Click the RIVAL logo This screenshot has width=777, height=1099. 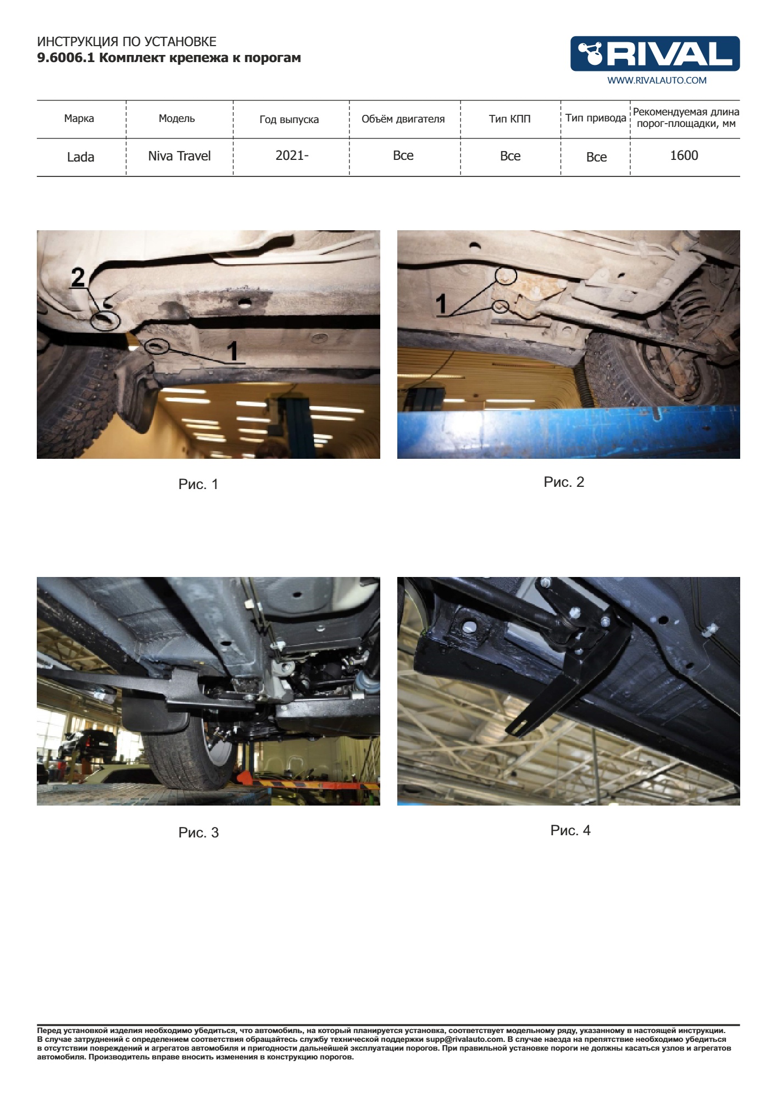[x=654, y=54]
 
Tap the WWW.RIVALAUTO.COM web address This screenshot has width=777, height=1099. [x=657, y=80]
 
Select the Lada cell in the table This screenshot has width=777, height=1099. [x=81, y=157]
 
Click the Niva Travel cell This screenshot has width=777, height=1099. [x=179, y=156]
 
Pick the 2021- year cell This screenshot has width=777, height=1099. [x=292, y=156]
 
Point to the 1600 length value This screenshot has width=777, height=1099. [x=684, y=156]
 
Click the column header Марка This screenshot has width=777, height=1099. [x=79, y=119]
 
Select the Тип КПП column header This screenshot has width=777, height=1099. [x=510, y=119]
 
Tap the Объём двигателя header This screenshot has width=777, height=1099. [x=403, y=119]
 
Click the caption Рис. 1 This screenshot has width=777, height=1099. [x=198, y=484]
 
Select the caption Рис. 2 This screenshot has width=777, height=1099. [x=564, y=482]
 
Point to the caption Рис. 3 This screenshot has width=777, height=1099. [x=198, y=832]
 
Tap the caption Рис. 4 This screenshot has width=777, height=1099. [x=570, y=830]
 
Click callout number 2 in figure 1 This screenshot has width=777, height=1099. [x=78, y=277]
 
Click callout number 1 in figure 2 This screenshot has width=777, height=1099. [x=441, y=304]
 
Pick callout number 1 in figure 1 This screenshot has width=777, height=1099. [x=233, y=351]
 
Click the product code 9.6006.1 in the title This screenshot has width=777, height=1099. [x=66, y=58]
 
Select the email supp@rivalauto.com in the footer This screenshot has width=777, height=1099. [x=464, y=1039]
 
